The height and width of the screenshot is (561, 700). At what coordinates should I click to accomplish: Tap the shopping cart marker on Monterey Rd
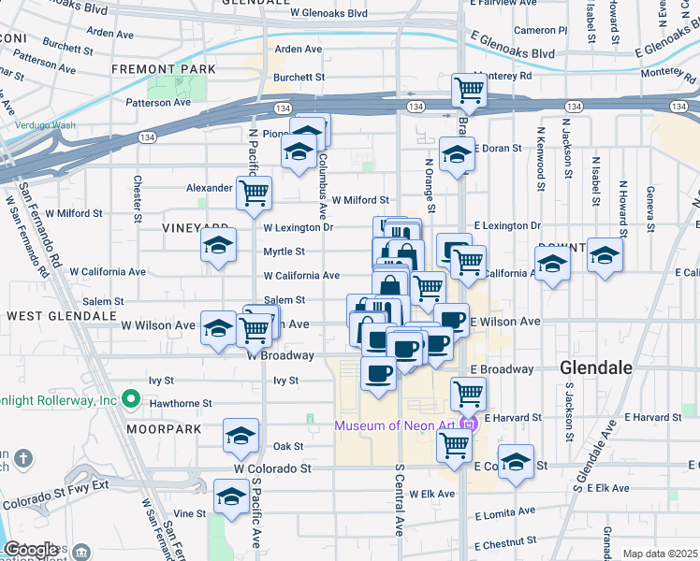tap(469, 91)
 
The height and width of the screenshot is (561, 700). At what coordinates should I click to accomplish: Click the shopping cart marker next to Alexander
tap(254, 193)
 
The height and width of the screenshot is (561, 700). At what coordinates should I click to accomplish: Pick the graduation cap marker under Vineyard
tap(218, 247)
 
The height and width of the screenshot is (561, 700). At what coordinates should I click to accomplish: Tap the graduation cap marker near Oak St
tap(241, 436)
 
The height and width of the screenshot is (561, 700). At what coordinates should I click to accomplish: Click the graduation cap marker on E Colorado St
tap(516, 462)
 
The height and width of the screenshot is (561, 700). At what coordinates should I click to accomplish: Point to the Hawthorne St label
tap(181, 404)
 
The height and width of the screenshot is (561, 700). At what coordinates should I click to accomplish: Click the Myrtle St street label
tap(284, 252)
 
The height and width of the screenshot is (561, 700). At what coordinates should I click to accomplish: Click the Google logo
tap(31, 550)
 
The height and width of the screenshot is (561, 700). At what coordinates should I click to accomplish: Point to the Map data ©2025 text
tap(660, 554)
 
